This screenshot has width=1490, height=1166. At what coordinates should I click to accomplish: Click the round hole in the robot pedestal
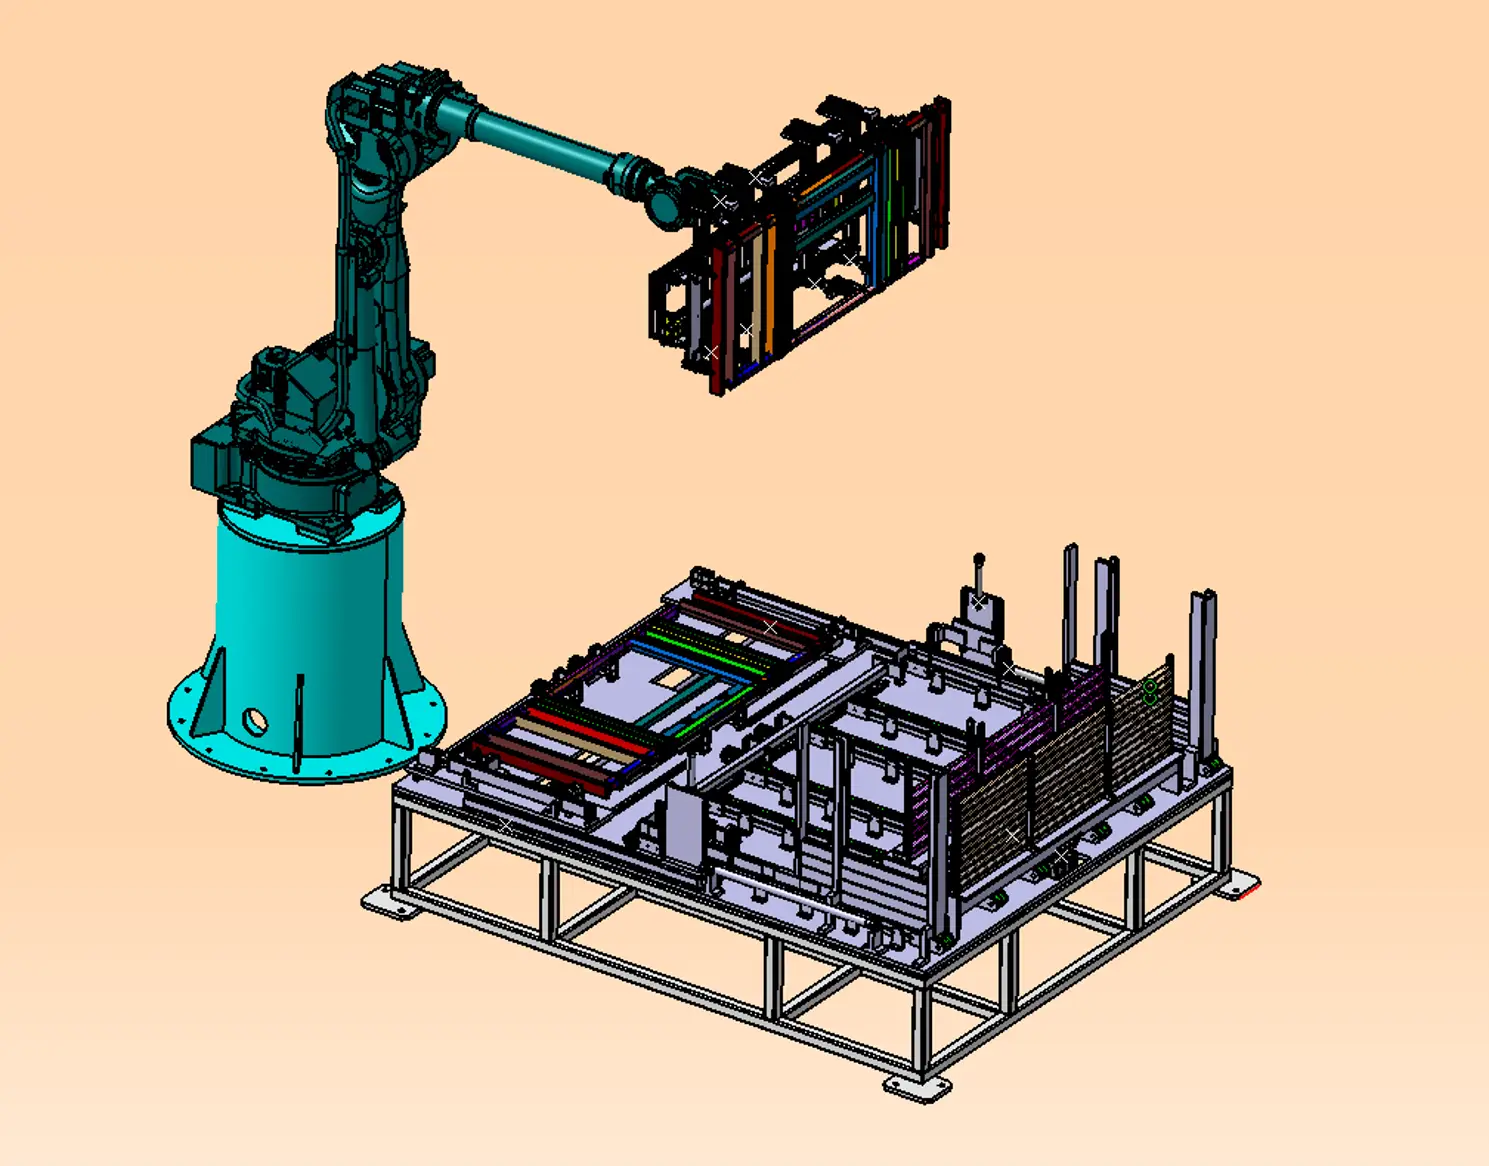[254, 720]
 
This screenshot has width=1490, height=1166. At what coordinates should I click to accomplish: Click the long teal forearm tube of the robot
[545, 140]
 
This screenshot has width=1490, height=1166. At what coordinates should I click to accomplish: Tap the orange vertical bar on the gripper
[767, 290]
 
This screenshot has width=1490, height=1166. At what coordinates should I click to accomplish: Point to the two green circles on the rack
[1150, 691]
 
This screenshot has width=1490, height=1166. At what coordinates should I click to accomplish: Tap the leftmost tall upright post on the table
[1070, 600]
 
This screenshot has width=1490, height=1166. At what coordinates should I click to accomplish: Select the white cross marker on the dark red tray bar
[770, 627]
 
